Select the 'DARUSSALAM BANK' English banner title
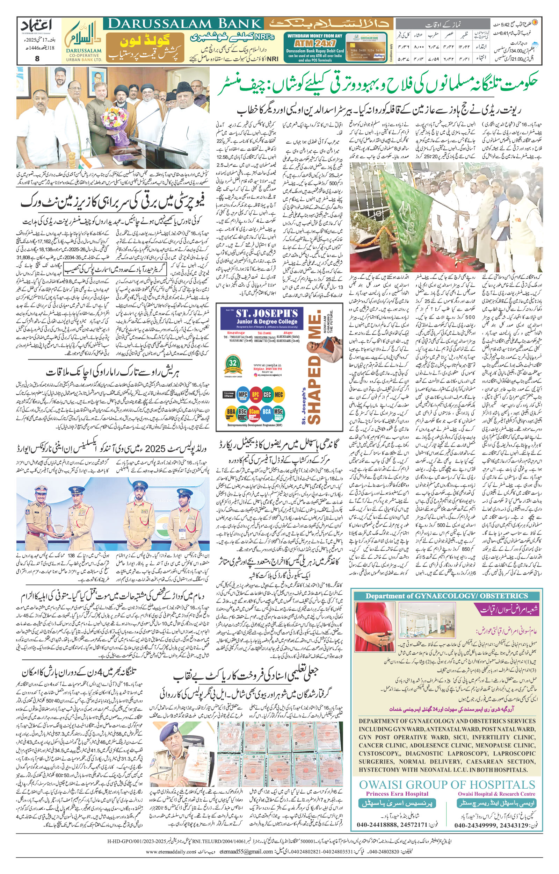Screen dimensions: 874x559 point(185,24)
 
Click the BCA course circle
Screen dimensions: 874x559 point(267,412)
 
